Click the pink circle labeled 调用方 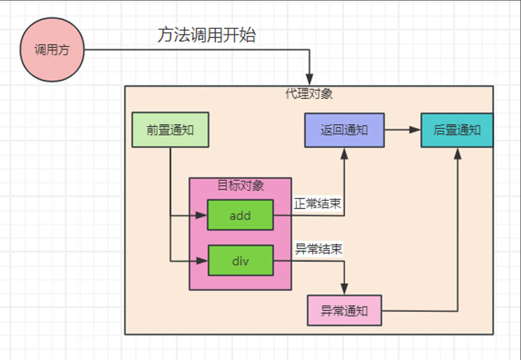(52, 50)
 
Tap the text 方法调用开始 (206, 35)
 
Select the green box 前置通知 (170, 130)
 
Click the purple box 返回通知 (344, 130)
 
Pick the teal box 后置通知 (456, 130)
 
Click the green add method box (240, 215)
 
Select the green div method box (240, 260)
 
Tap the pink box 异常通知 (344, 311)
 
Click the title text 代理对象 (309, 93)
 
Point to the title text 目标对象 (240, 186)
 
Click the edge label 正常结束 (317, 204)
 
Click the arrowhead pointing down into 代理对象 (310, 80)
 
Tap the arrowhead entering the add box (202, 215)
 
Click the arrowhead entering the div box (202, 260)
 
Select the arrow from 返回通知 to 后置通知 (402, 130)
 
